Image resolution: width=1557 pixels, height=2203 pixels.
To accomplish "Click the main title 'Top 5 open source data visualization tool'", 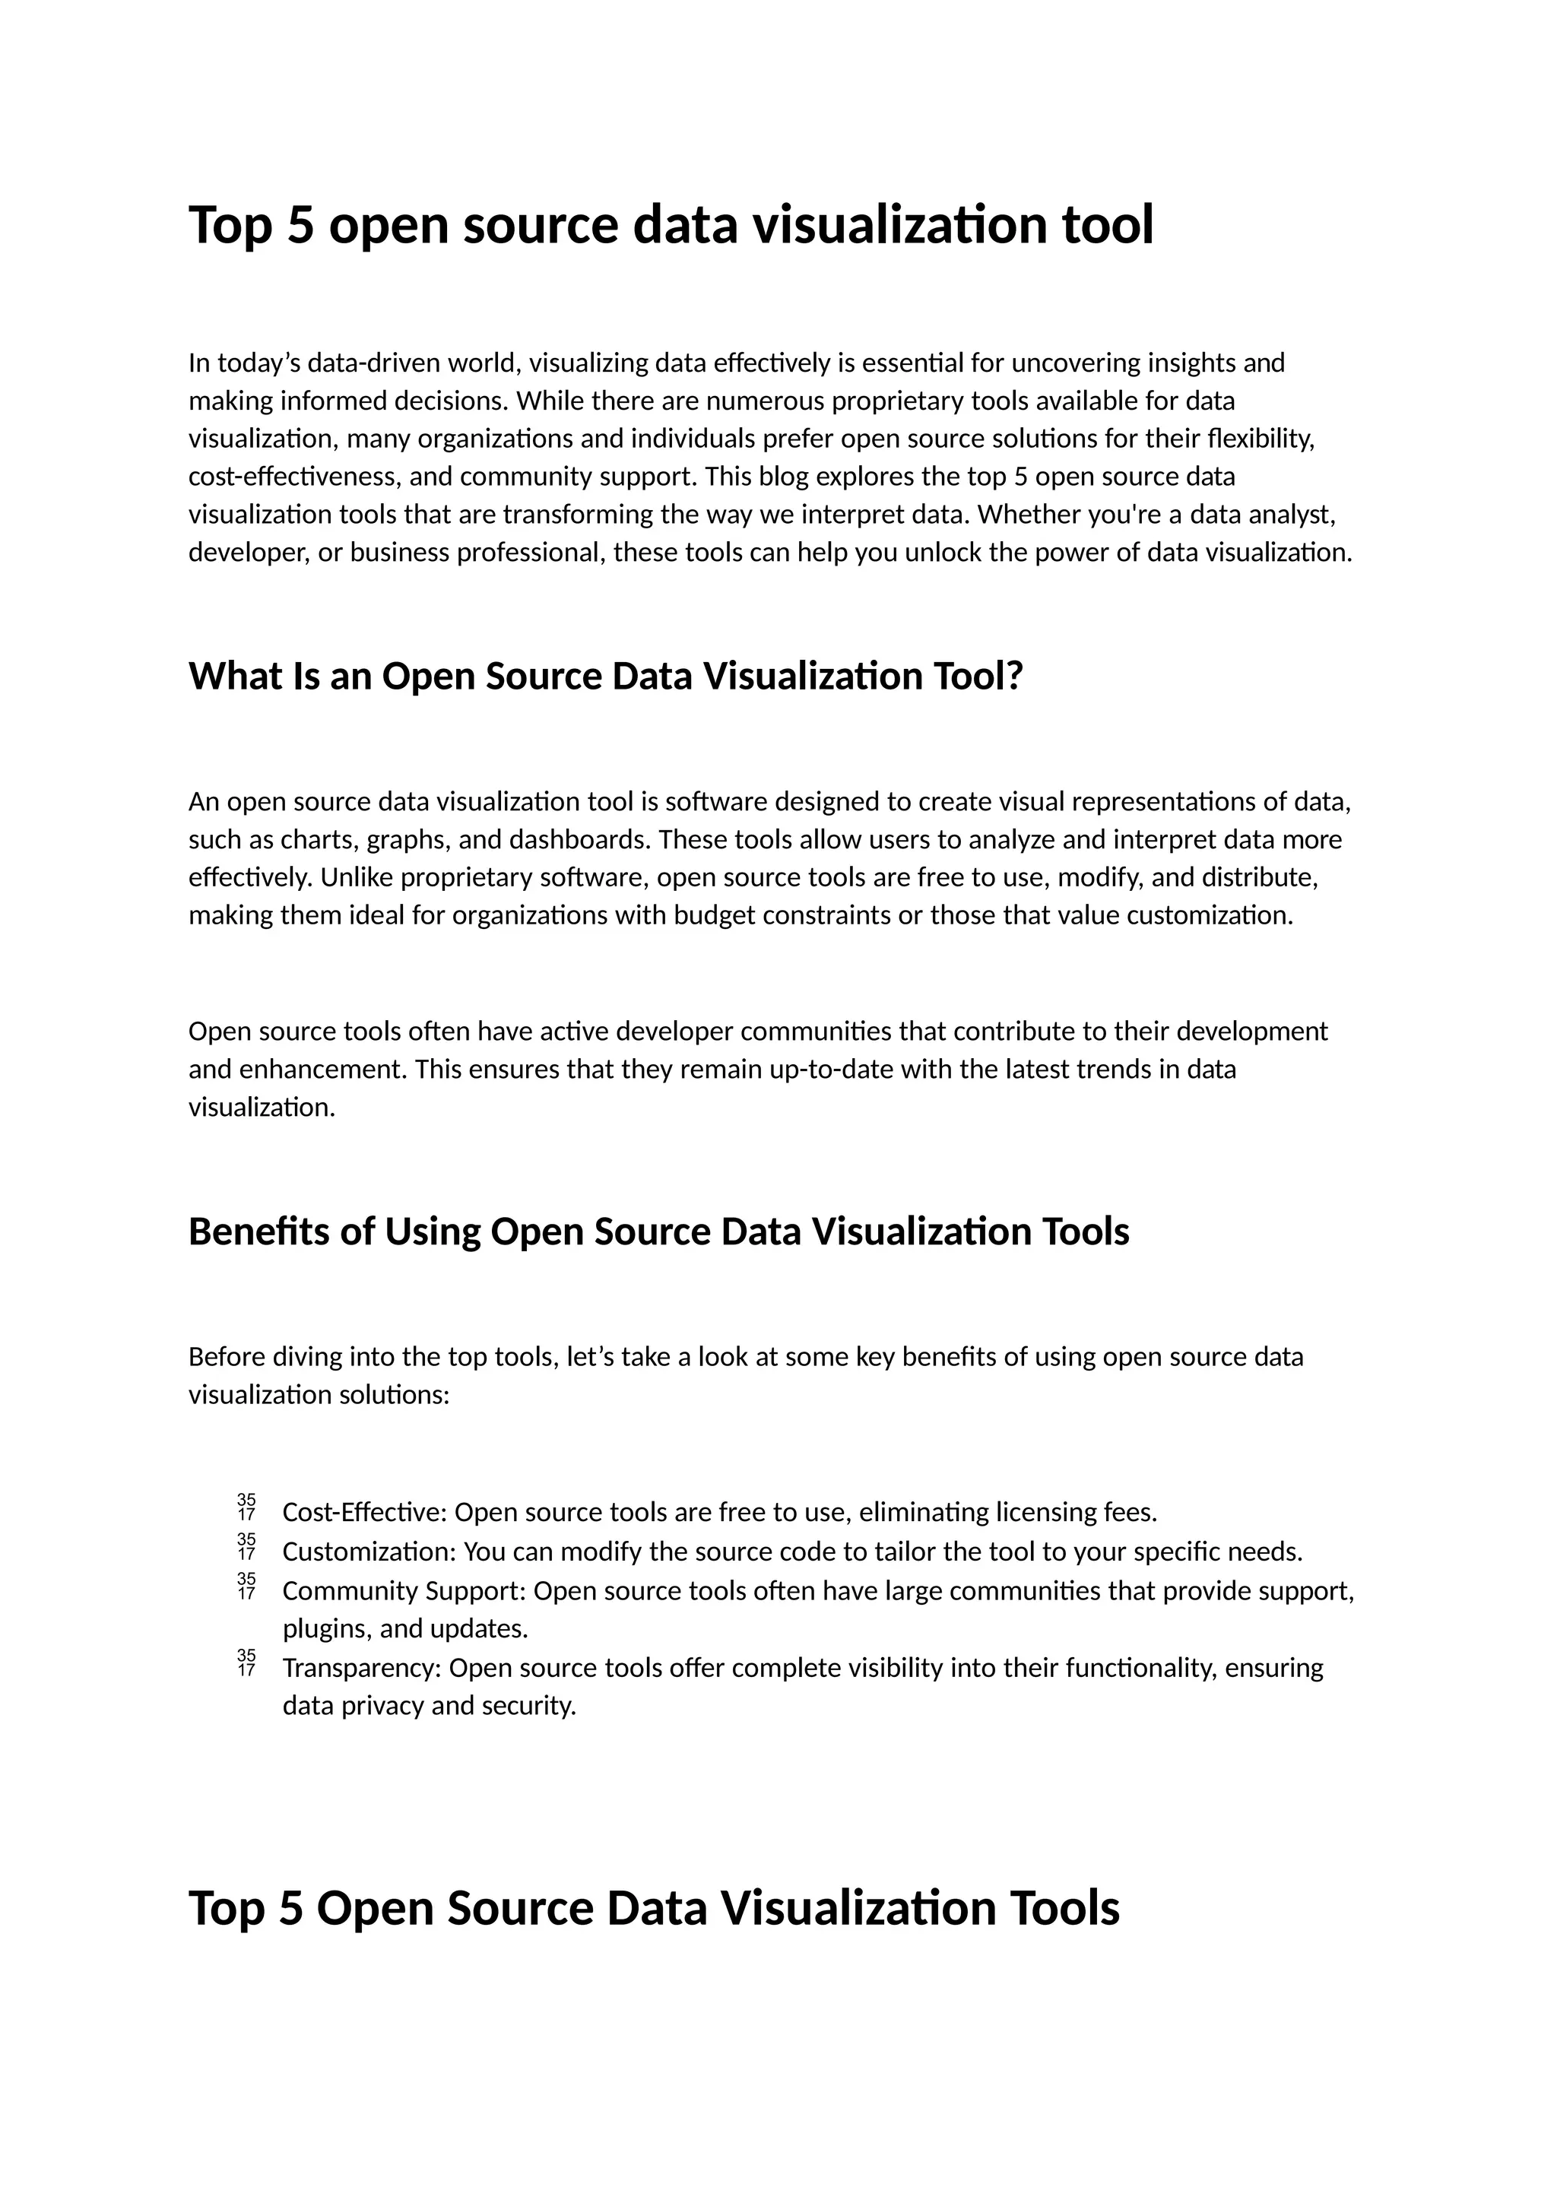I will coord(671,226).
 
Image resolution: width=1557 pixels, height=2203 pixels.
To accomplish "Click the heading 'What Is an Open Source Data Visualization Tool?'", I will coord(605,677).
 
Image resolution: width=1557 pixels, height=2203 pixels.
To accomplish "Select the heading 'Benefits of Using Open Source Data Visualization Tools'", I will coord(658,1232).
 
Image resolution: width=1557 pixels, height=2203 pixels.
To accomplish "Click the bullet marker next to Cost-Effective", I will coord(246,1508).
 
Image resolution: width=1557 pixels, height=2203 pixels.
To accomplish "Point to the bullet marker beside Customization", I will coord(246,1548).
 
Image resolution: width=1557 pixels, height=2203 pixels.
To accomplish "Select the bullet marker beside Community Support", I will coord(246,1587).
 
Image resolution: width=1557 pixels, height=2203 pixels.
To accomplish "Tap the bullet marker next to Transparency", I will coord(246,1664).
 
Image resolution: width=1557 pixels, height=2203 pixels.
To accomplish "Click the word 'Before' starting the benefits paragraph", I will coord(227,1358).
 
